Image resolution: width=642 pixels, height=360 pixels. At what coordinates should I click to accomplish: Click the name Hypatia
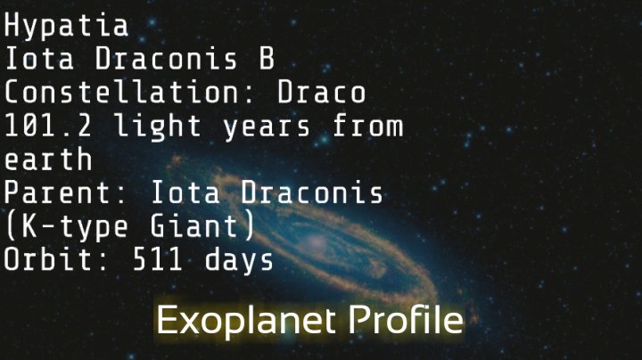tap(66, 26)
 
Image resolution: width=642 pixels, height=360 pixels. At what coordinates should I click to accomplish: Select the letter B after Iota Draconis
tap(262, 60)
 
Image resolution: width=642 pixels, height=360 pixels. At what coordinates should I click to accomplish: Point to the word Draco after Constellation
tap(322, 93)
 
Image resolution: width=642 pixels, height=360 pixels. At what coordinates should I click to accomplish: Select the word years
tap(268, 127)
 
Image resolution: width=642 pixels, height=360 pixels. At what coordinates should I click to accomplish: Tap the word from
tap(367, 127)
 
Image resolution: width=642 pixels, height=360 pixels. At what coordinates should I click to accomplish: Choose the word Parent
tap(66, 193)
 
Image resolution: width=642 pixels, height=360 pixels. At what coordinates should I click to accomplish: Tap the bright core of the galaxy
tap(318, 242)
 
